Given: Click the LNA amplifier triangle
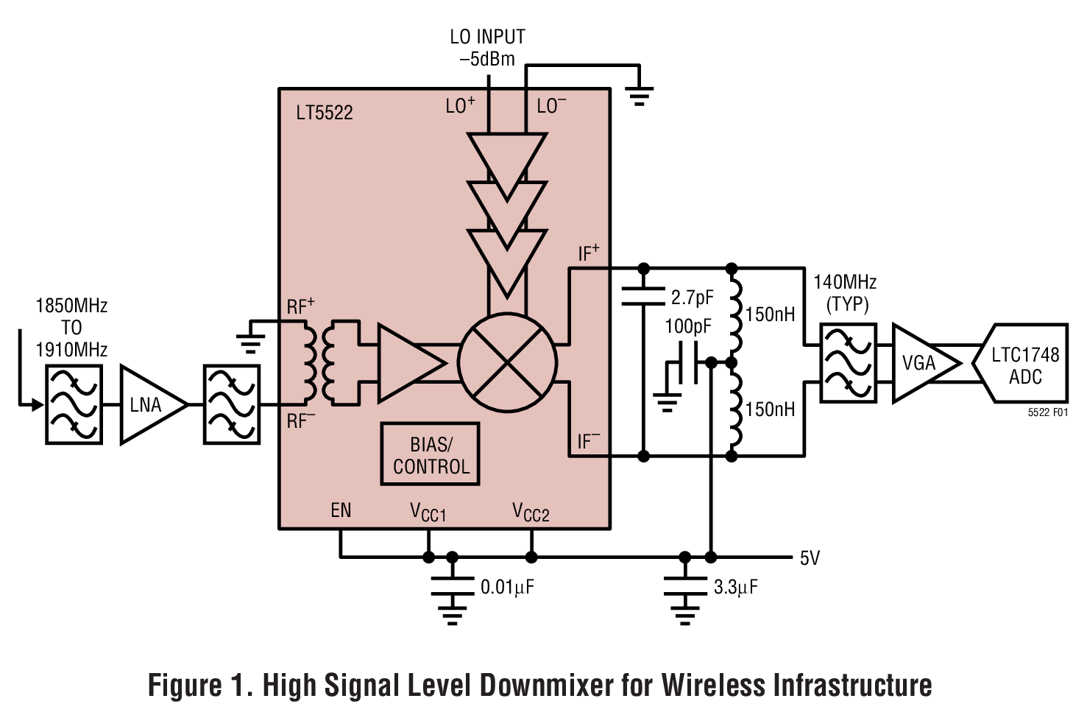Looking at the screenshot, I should click(x=149, y=404).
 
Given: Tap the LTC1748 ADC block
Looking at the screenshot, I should click(x=1024, y=365).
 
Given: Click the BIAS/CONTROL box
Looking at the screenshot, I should click(x=431, y=455).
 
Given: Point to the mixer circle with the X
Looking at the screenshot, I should click(x=507, y=362).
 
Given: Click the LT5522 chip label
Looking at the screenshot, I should click(x=325, y=113).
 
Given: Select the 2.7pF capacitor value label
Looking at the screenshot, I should click(x=692, y=298).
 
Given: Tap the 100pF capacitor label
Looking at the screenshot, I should click(x=688, y=326).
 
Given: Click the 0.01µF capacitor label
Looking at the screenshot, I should click(x=507, y=587).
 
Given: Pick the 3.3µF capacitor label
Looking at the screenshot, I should click(x=735, y=587).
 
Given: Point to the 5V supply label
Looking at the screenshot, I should click(x=810, y=558).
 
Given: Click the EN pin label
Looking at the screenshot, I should click(x=341, y=510).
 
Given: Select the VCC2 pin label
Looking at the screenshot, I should click(x=531, y=512).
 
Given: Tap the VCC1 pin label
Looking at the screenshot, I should click(x=428, y=512).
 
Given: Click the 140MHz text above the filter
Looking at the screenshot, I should click(x=845, y=282).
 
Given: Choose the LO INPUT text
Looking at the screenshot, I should click(x=487, y=37).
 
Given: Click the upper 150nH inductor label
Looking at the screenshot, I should click(x=770, y=314).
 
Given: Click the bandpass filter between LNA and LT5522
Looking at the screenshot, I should click(x=232, y=404).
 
